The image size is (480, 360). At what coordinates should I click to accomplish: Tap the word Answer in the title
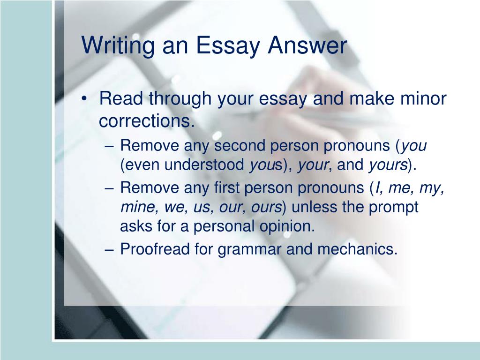[x=307, y=45]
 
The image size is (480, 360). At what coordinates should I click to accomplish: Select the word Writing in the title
[x=118, y=46]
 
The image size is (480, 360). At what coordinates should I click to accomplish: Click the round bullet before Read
[x=84, y=98]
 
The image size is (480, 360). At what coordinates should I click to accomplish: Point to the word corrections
[x=147, y=121]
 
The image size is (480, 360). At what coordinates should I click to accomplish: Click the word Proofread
[x=155, y=248]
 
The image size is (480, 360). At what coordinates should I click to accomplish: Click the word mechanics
[x=357, y=248]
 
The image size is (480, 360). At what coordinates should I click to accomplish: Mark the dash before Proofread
[x=109, y=249]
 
